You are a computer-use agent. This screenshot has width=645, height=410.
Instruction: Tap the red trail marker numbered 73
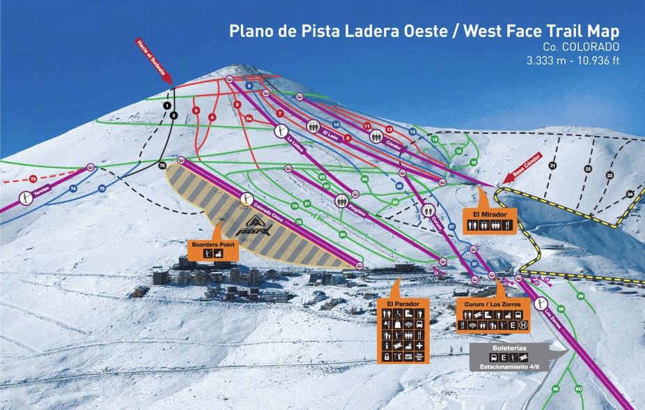tap(32, 179)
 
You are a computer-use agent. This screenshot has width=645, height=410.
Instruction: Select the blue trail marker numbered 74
tap(73, 189)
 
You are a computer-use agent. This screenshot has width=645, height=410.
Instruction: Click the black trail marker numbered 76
tap(162, 166)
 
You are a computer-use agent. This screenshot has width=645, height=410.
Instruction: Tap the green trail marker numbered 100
tap(579, 388)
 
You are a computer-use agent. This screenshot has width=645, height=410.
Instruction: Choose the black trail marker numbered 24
tap(630, 194)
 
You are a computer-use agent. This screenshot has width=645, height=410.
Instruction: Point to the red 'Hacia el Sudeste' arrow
tap(155, 61)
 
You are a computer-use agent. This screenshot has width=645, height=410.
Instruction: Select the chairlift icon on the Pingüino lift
tap(341, 201)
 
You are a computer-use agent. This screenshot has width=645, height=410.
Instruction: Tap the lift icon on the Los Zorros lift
tap(540, 304)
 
